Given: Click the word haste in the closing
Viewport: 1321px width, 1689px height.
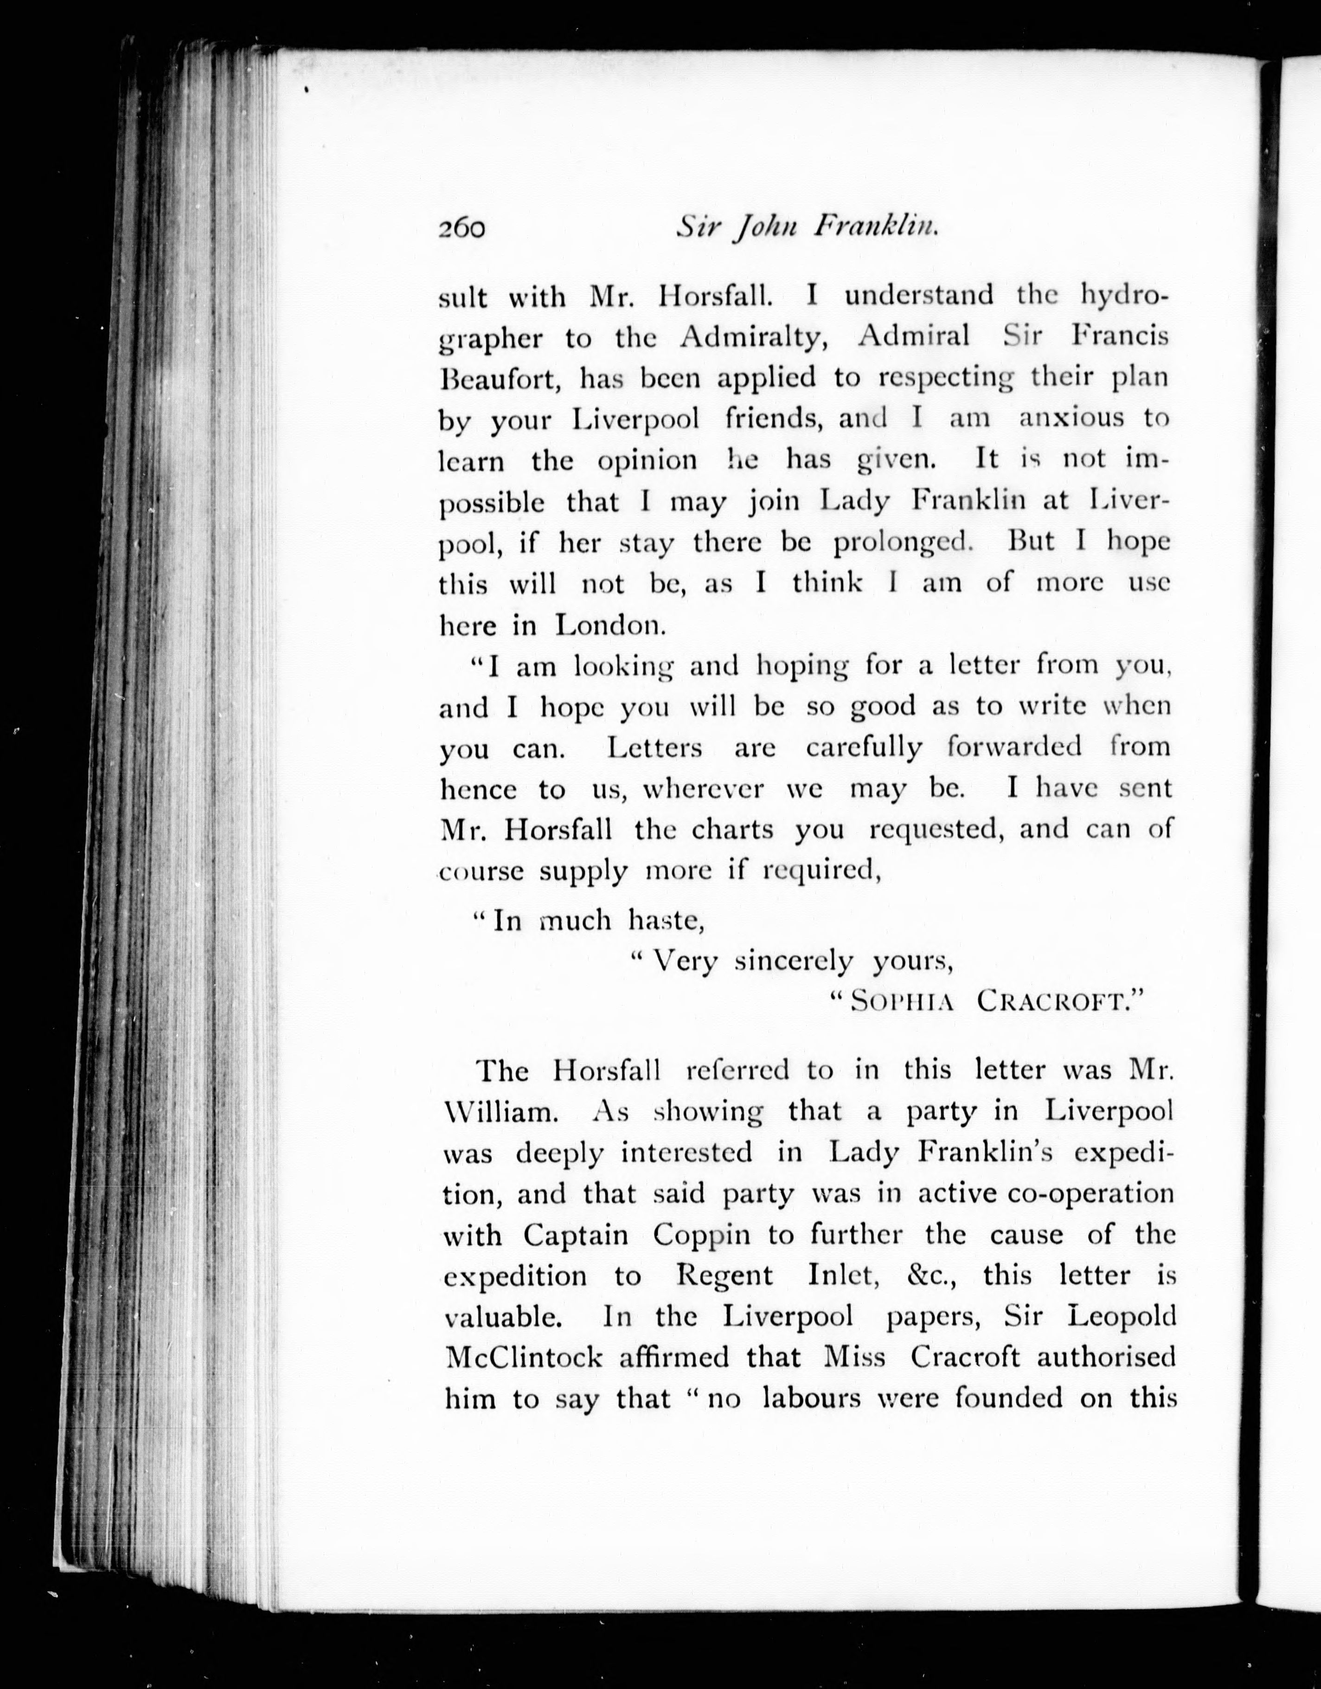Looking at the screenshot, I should pos(665,920).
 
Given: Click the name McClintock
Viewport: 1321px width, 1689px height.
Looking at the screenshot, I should pos(522,1358).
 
